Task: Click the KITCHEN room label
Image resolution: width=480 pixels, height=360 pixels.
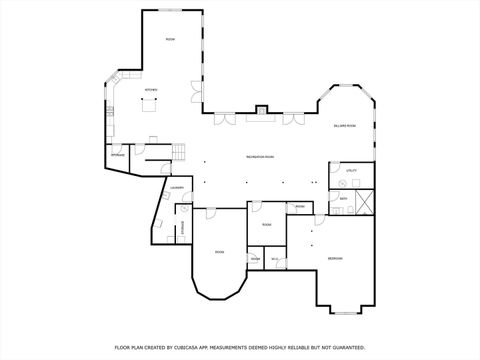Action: (x=151, y=90)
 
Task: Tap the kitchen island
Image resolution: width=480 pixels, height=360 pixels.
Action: (x=152, y=110)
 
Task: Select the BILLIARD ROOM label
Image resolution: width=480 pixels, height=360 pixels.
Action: (x=345, y=125)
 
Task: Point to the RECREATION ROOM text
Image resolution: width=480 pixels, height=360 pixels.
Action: (x=260, y=157)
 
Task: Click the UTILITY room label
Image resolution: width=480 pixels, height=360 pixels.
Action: (x=351, y=171)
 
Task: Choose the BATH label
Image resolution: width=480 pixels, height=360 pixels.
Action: (x=343, y=199)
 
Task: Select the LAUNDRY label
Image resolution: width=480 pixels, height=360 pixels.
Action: (x=176, y=187)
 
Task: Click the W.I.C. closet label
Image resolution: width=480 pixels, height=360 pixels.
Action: (x=274, y=259)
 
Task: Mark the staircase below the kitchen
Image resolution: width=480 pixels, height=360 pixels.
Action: (x=177, y=151)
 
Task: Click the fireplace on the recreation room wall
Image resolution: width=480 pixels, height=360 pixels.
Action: (x=261, y=110)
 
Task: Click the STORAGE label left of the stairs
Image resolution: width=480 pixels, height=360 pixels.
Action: (x=118, y=155)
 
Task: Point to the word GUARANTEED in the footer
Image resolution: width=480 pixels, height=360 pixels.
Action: (x=348, y=347)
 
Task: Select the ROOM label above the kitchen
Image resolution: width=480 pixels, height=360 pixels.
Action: (x=170, y=39)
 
